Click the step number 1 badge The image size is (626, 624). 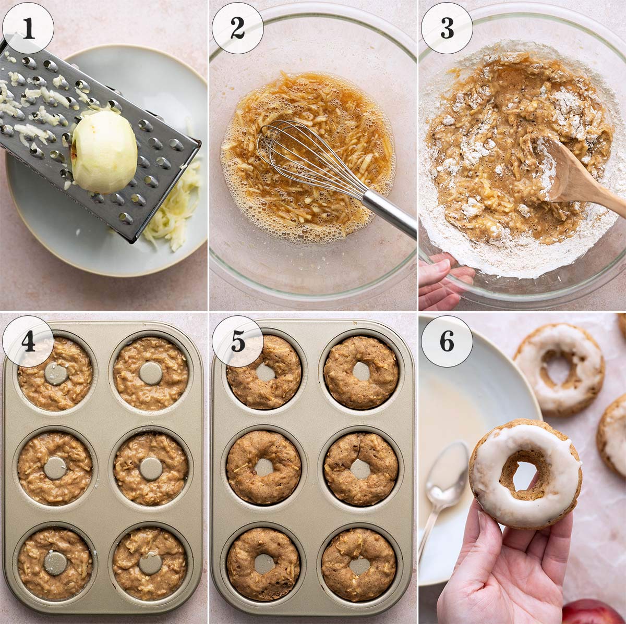[28, 28]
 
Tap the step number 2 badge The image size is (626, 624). [237, 28]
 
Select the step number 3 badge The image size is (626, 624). [447, 28]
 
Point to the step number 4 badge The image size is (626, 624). [28, 341]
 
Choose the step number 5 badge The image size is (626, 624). [237, 341]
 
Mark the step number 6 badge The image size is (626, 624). [447, 341]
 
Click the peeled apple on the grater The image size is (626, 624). [104, 152]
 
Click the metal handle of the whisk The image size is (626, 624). [389, 211]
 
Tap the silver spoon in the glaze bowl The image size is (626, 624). [446, 480]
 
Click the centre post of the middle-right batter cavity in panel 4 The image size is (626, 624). [151, 469]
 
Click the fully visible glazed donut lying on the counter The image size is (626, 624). [559, 369]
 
